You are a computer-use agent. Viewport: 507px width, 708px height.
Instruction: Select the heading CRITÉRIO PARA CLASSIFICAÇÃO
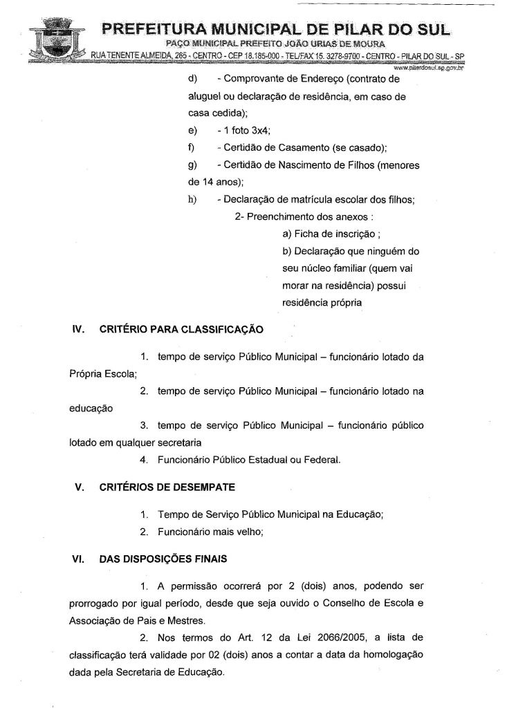coord(181,330)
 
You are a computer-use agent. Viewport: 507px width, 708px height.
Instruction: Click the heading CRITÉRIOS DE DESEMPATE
coord(167,487)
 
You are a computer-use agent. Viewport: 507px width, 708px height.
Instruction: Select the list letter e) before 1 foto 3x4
coord(192,131)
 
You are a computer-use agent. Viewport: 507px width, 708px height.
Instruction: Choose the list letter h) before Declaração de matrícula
coord(192,201)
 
